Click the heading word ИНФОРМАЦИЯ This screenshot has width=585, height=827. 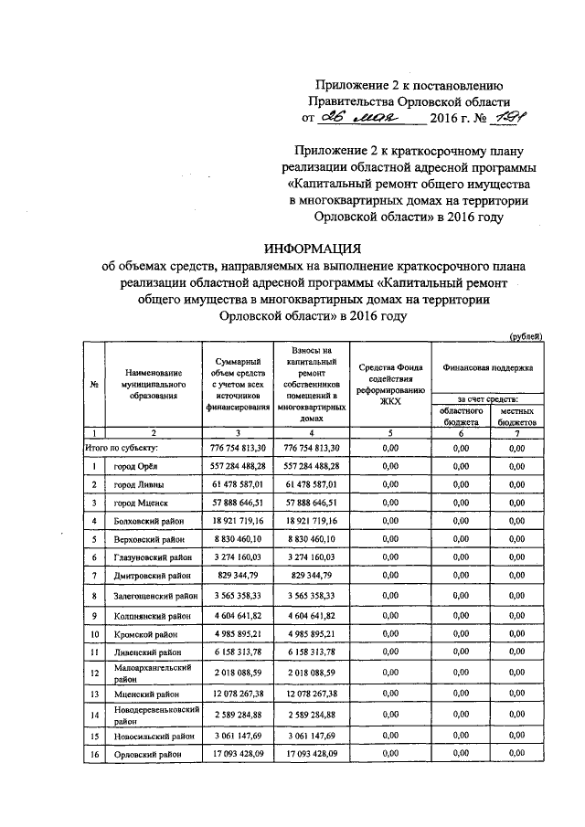click(314, 248)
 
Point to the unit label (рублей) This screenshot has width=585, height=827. click(526, 336)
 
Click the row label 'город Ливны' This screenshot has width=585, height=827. click(140, 484)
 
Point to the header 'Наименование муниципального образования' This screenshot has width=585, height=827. click(153, 384)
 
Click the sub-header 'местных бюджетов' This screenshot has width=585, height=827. click(517, 418)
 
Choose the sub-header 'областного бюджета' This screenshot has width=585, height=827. click(462, 418)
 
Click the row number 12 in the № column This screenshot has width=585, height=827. click(94, 673)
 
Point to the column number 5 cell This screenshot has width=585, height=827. click(390, 433)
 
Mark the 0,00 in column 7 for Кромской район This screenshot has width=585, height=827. click(517, 632)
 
